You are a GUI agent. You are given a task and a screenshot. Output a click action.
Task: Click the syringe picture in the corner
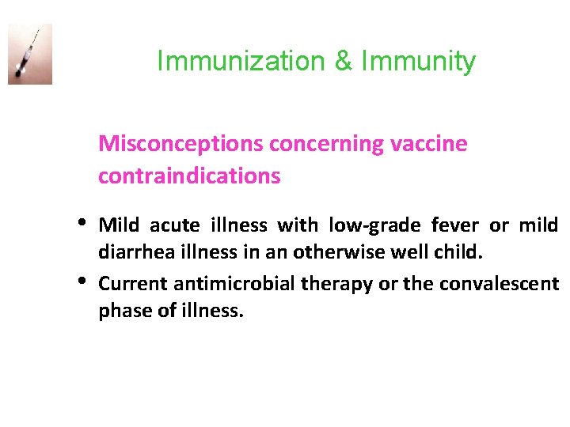30,54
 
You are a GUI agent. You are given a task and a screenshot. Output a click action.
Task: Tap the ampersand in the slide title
343,62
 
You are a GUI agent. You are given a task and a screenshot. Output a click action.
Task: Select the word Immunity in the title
418,62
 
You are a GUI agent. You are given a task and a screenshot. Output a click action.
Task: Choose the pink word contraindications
189,176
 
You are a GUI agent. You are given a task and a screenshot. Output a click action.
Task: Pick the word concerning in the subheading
325,145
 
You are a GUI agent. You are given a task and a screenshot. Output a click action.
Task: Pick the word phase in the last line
121,312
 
